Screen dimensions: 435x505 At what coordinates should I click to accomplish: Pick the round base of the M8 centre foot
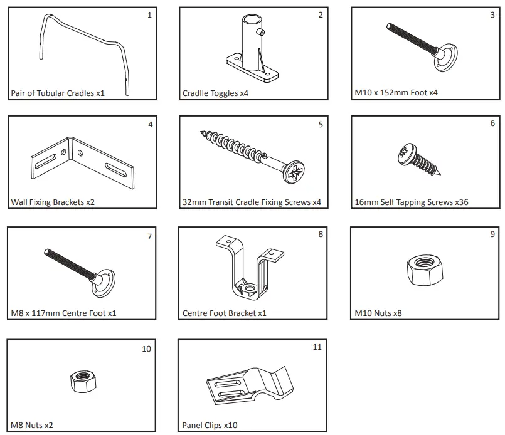click(x=105, y=283)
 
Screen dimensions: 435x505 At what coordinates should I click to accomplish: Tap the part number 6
click(x=492, y=123)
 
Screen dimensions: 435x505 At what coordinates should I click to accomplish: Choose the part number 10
click(x=146, y=349)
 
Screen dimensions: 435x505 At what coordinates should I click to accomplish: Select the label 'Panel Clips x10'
click(x=210, y=424)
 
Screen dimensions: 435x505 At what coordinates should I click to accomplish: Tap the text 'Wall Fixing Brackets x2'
click(x=53, y=202)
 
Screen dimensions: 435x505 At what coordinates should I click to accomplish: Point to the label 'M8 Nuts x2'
click(x=31, y=425)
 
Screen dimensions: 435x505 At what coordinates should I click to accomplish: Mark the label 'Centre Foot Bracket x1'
click(x=224, y=313)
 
